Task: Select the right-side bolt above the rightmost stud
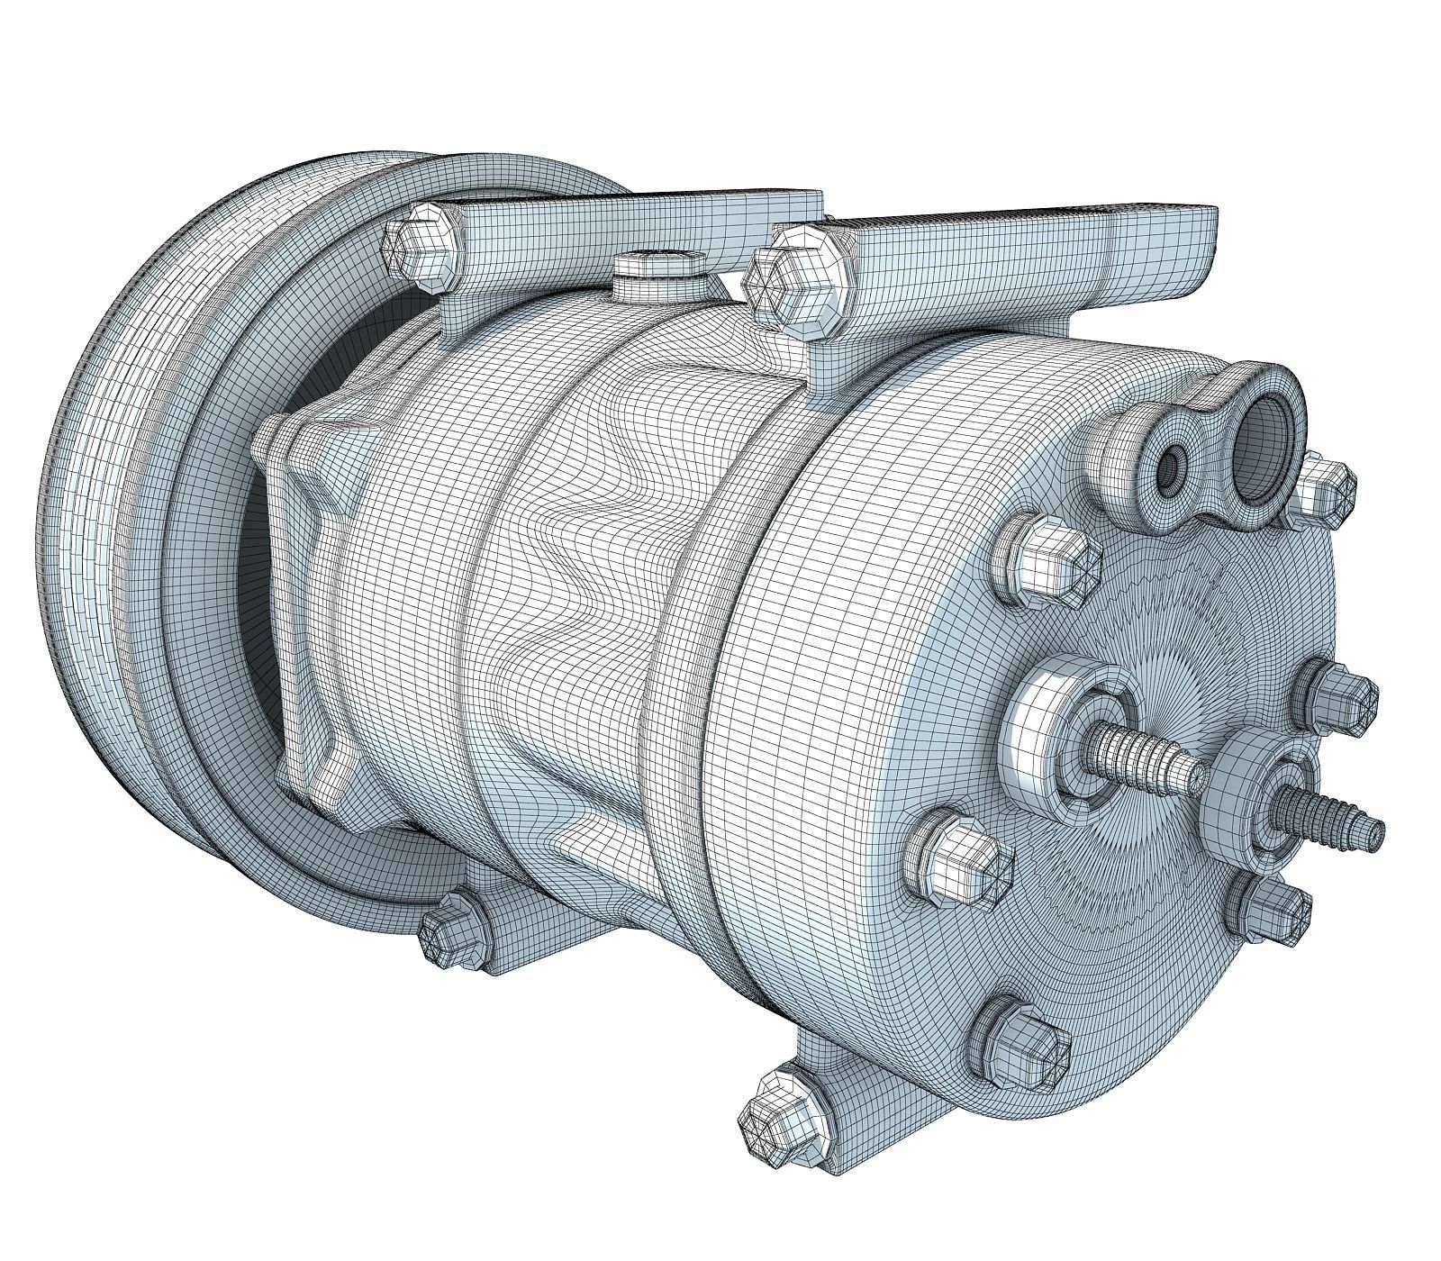(1343, 695)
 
